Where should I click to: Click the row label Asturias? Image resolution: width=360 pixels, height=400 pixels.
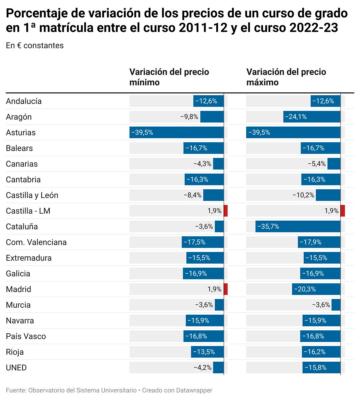coord(21,133)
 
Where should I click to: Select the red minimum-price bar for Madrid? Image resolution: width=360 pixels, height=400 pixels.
coord(226,289)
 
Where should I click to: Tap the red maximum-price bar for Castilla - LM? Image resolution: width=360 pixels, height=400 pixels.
coord(343,211)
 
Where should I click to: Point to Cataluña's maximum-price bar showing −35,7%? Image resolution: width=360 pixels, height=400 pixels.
coord(298,227)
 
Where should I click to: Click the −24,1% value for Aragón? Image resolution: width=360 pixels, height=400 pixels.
coord(296,117)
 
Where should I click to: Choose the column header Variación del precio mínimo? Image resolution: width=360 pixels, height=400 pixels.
coord(169,77)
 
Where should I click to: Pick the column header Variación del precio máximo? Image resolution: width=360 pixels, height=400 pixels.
coord(286,77)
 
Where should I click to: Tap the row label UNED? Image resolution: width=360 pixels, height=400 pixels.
coord(16,368)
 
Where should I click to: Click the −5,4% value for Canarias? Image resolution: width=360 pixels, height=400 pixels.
coord(317,164)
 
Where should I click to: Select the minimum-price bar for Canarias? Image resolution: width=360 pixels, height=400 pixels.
coord(218,164)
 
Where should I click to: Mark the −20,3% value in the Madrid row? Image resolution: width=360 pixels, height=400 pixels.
coord(305,289)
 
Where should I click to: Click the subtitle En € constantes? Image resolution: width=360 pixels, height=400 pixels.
coord(35,46)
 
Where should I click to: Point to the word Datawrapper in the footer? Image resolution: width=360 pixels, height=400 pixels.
coord(194,390)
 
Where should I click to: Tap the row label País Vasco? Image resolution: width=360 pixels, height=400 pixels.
coord(26,336)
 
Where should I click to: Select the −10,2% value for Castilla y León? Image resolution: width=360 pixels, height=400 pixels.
coord(303,195)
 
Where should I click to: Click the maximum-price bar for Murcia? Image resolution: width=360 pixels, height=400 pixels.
coord(336,305)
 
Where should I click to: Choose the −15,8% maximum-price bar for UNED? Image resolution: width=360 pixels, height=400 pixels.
coord(321,368)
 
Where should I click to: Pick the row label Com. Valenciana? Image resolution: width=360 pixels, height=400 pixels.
coord(36,242)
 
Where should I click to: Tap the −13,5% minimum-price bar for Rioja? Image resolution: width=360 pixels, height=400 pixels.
coord(207,352)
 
